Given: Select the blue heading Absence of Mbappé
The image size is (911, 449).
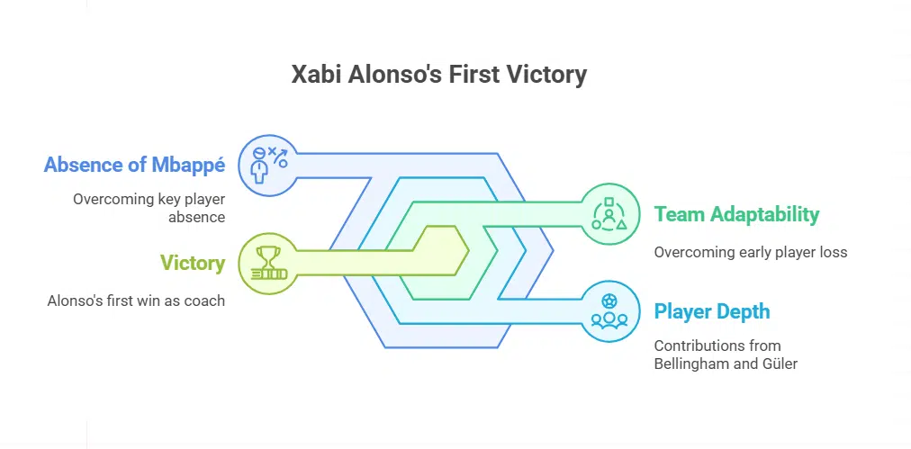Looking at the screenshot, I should click(134, 166).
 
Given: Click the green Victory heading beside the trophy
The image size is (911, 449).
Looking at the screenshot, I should click(193, 263).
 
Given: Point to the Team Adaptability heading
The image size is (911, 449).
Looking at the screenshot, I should click(736, 214).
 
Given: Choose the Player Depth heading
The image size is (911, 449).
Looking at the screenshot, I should click(711, 312).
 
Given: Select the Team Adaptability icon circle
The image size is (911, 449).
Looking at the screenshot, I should click(609, 215).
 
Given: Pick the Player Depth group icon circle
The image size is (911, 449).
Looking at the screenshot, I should click(609, 312).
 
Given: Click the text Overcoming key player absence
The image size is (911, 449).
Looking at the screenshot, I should click(149, 208).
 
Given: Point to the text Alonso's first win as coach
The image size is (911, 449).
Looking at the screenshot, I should click(136, 301).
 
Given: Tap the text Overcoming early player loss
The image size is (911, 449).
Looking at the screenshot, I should click(750, 252).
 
